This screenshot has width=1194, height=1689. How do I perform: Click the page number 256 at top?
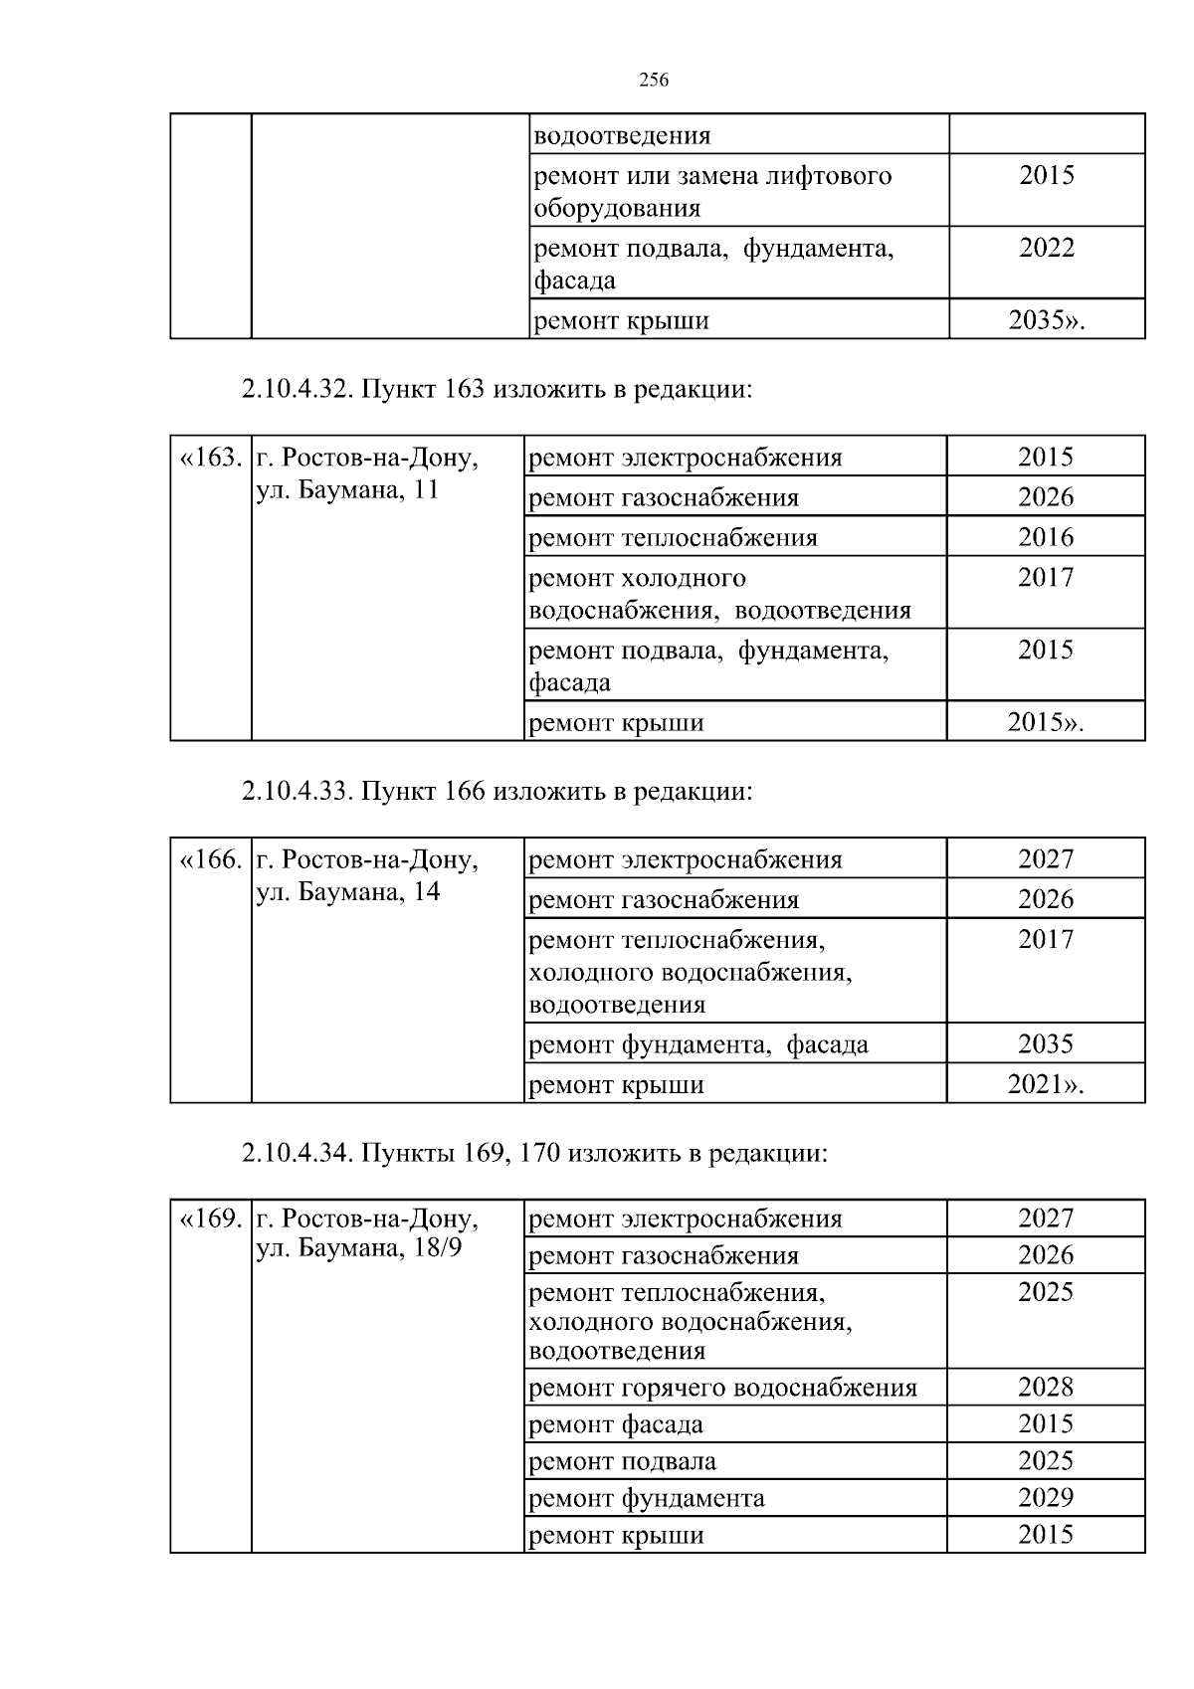653,82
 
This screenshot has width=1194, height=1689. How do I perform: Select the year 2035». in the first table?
1046,320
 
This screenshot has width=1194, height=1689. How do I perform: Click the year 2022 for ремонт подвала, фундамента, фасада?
1046,248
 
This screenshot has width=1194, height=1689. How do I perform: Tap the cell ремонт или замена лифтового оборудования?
712,191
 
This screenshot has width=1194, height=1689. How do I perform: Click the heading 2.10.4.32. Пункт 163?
496,389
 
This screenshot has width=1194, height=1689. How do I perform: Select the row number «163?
210,459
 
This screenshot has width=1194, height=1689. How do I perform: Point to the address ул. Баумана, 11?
347,490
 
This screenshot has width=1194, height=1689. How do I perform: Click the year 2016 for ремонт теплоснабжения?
1045,537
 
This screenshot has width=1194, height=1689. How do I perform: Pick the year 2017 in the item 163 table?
1045,578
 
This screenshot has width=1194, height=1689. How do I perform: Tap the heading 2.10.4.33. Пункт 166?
496,791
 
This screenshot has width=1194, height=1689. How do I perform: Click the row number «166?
210,859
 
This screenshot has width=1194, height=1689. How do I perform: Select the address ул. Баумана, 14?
347,891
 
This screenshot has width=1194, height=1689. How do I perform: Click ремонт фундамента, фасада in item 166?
697,1044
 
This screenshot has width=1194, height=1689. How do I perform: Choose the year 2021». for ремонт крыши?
1045,1084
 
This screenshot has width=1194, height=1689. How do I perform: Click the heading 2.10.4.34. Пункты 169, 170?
534,1153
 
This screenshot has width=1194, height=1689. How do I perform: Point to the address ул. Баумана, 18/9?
358,1247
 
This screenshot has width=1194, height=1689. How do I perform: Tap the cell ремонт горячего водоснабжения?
722,1388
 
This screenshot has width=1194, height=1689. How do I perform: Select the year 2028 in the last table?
1045,1388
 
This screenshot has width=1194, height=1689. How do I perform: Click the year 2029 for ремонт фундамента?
1045,1498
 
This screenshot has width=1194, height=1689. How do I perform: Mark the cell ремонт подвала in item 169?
622,1461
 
